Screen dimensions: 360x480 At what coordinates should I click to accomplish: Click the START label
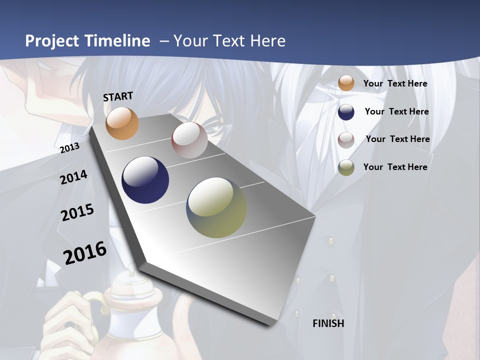tap(118, 96)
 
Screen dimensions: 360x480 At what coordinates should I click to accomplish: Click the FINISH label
tap(328, 323)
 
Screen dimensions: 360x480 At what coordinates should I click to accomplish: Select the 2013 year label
tap(70, 147)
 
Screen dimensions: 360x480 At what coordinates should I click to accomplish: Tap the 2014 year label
tap(73, 177)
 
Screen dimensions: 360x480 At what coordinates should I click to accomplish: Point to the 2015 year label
tap(77, 212)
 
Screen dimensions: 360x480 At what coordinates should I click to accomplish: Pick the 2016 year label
tap(85, 252)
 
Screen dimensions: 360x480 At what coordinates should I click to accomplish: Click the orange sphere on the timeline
tap(122, 123)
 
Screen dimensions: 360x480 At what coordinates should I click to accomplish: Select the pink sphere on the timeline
tap(189, 140)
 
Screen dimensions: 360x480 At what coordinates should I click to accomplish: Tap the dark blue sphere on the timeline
tap(145, 180)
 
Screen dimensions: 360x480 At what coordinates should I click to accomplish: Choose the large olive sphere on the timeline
tap(216, 207)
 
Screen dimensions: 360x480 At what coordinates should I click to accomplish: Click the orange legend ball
tap(346, 83)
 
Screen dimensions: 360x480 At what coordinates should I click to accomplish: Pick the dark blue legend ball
tap(346, 111)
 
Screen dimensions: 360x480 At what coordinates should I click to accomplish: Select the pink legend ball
tap(346, 139)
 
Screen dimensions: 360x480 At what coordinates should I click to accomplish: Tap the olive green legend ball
tap(346, 167)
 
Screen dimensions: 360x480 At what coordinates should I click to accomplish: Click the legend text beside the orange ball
tap(395, 83)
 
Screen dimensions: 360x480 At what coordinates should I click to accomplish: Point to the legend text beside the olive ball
tap(395, 167)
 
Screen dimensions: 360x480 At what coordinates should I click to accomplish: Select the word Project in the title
tap(51, 41)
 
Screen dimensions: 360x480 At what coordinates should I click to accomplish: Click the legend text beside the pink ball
tap(397, 139)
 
